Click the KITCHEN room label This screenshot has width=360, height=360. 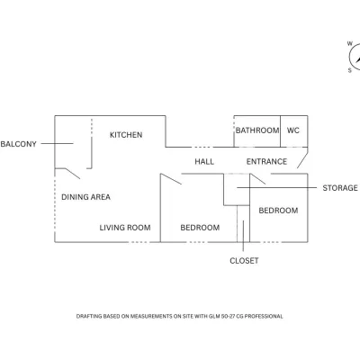point(126,135)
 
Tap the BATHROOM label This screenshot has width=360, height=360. point(257,130)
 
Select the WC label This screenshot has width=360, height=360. point(293,130)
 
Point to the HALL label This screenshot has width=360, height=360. point(204,162)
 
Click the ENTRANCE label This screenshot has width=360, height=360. point(266,162)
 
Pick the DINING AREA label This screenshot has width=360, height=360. point(85,197)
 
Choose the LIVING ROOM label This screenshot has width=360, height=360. point(125,228)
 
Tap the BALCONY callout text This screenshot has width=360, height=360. point(18,144)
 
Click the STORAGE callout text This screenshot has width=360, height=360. point(340,188)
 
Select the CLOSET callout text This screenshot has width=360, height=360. point(244,261)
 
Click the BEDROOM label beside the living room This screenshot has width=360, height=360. point(200,228)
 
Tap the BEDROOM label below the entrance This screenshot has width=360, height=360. point(278,211)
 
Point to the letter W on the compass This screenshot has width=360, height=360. point(350,44)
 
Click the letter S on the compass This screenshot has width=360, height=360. point(350,70)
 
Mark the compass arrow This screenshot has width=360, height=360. point(358,58)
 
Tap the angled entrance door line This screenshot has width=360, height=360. point(302,160)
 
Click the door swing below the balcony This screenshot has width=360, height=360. point(73,174)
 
